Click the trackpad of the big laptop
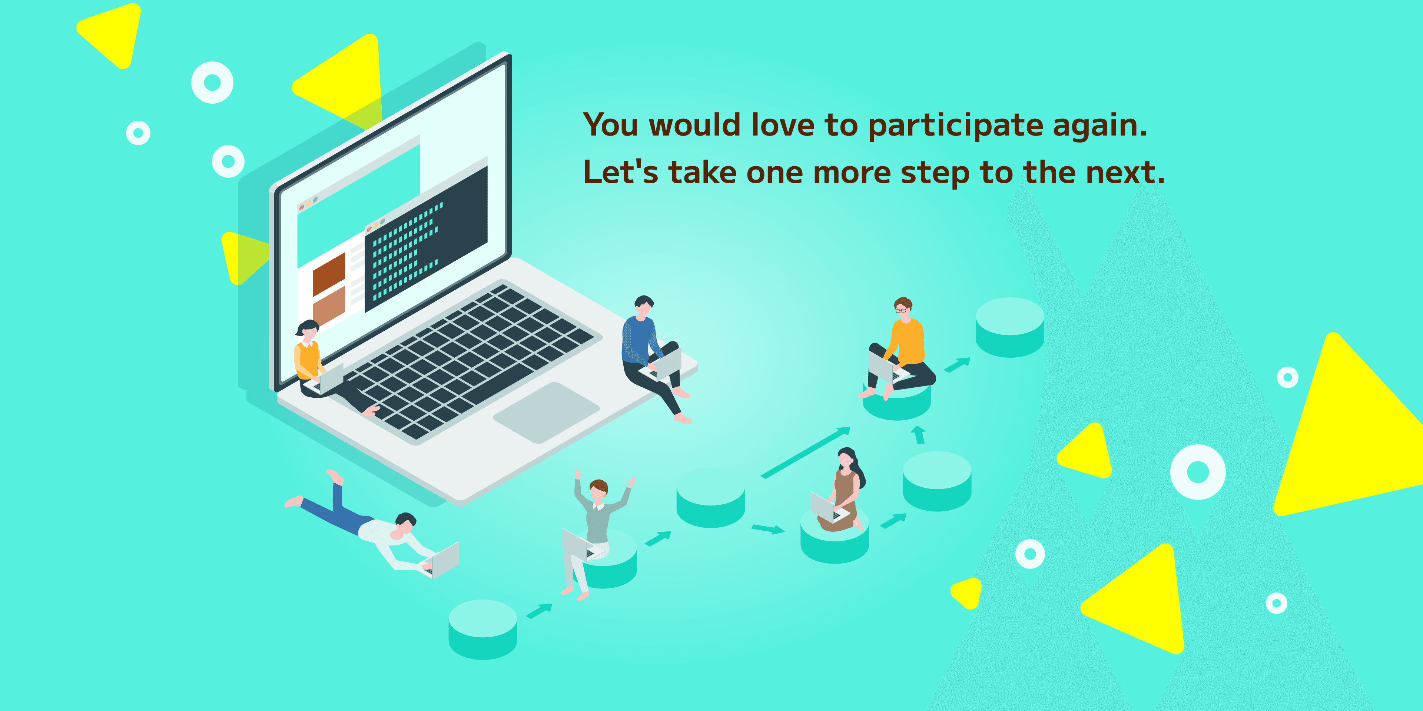pyautogui.click(x=546, y=413)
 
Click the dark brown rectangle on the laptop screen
pyautogui.click(x=329, y=275)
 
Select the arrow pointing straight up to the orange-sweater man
pyautogui.click(x=918, y=434)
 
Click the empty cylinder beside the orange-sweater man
pyautogui.click(x=1010, y=327)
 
